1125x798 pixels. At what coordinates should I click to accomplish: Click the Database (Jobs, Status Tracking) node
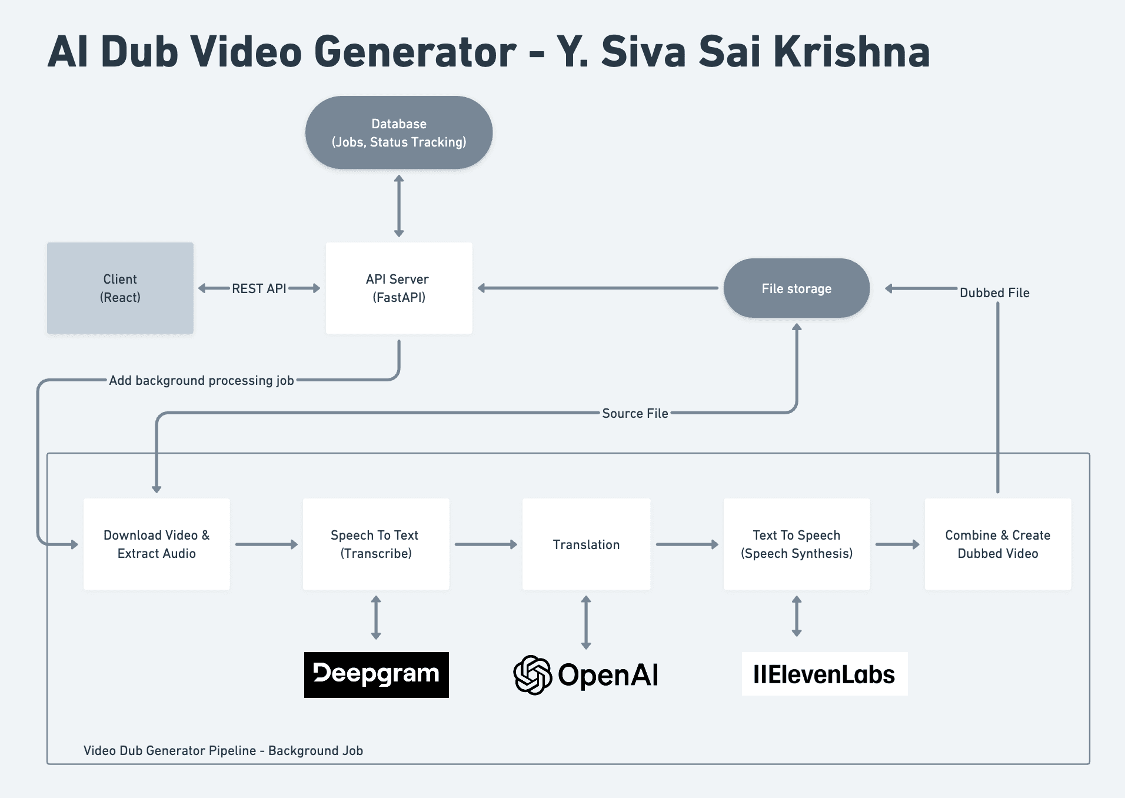[x=399, y=132]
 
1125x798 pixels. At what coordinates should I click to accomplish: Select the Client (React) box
[x=120, y=288]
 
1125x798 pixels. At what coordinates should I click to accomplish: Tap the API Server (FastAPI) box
[x=399, y=288]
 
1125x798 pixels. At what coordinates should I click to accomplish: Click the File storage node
[x=797, y=288]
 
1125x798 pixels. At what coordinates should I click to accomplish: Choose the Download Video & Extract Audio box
[x=157, y=544]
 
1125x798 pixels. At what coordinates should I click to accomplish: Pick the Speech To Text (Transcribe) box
[x=376, y=544]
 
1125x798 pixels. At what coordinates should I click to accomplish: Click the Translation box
[x=586, y=544]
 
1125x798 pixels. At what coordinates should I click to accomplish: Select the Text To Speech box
[x=797, y=544]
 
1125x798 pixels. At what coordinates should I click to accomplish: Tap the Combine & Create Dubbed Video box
[x=998, y=544]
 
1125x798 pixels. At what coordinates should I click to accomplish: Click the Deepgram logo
[x=377, y=674]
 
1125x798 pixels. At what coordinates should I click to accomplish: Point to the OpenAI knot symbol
[x=532, y=675]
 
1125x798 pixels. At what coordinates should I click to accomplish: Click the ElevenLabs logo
[x=824, y=674]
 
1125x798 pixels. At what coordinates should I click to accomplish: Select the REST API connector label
[x=259, y=288]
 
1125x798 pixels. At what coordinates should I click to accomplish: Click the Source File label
[x=635, y=413]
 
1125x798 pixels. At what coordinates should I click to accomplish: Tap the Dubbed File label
[x=994, y=292]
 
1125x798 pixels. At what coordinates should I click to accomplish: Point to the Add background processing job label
[x=201, y=380]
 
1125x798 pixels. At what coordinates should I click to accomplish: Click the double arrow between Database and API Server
[x=399, y=206]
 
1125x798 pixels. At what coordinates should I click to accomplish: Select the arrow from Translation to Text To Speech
[x=687, y=544]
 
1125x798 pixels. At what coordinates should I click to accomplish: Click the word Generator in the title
[x=415, y=52]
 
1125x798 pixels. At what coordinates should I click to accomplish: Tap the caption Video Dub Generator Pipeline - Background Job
[x=223, y=750]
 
